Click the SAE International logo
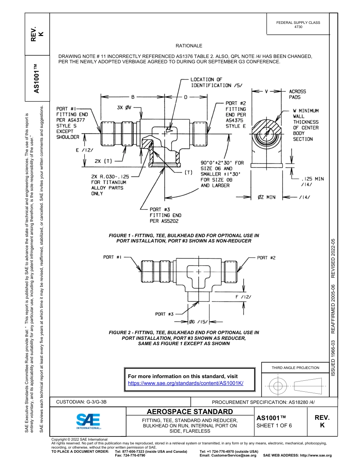point(88,421)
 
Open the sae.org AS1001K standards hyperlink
point(186,383)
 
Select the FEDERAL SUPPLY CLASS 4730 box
point(298,25)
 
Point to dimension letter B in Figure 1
point(133,97)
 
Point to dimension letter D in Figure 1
point(186,97)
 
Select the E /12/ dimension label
point(85,150)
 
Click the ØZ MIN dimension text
point(267,197)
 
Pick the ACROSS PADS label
point(297,94)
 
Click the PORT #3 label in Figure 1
point(160,209)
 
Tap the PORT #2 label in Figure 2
point(266,258)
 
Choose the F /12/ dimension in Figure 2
point(243,297)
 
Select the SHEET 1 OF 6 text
point(274,425)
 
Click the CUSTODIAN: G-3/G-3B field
point(84,402)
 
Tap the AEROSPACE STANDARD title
point(189,412)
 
